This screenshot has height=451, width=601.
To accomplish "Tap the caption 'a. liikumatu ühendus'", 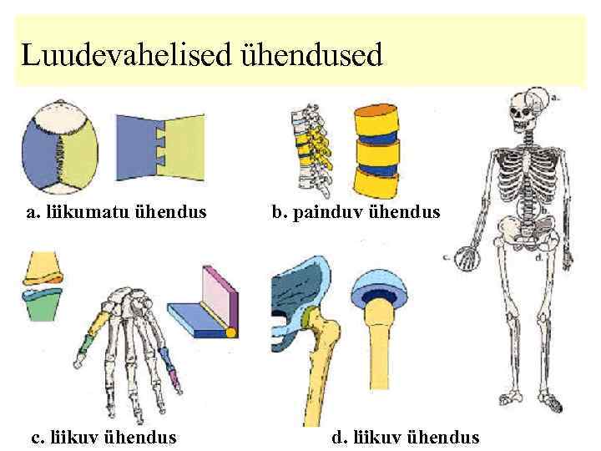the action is click(116, 211).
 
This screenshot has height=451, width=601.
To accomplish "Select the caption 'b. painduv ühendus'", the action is click(355, 211).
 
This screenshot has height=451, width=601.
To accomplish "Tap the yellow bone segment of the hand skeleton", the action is click(99, 321).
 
